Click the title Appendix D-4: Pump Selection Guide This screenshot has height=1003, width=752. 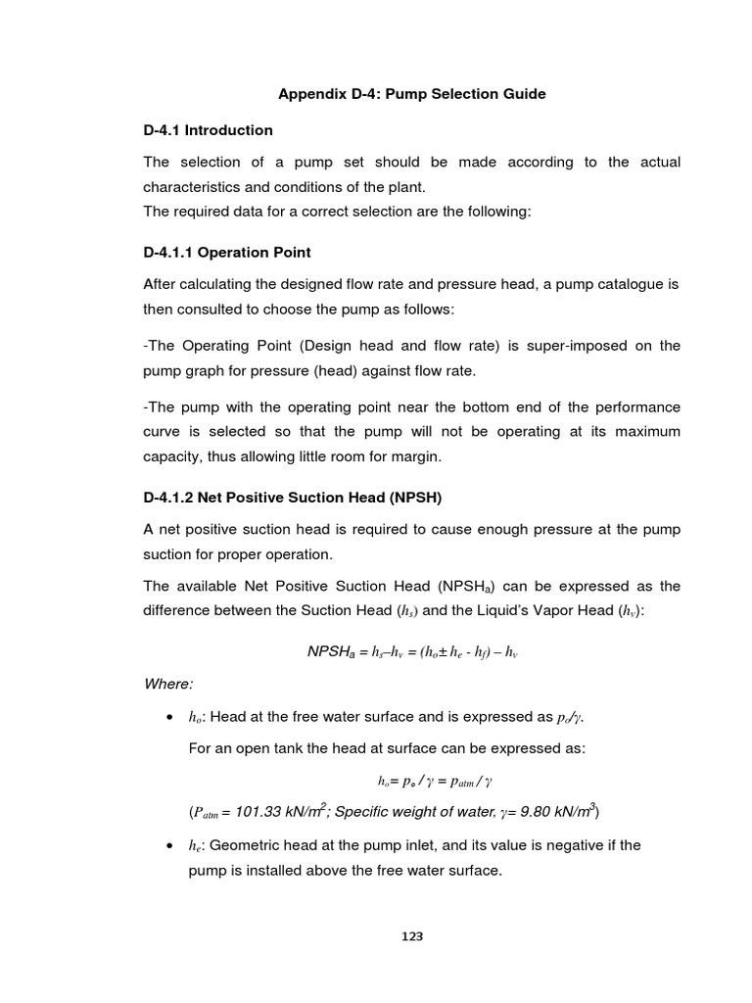click(412, 94)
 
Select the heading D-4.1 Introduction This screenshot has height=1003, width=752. click(208, 130)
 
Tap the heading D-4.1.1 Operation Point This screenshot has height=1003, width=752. click(227, 253)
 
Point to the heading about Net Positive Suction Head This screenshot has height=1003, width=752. click(293, 498)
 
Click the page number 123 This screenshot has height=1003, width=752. click(412, 937)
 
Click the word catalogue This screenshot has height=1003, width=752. click(627, 284)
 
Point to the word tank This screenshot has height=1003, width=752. click(291, 748)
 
